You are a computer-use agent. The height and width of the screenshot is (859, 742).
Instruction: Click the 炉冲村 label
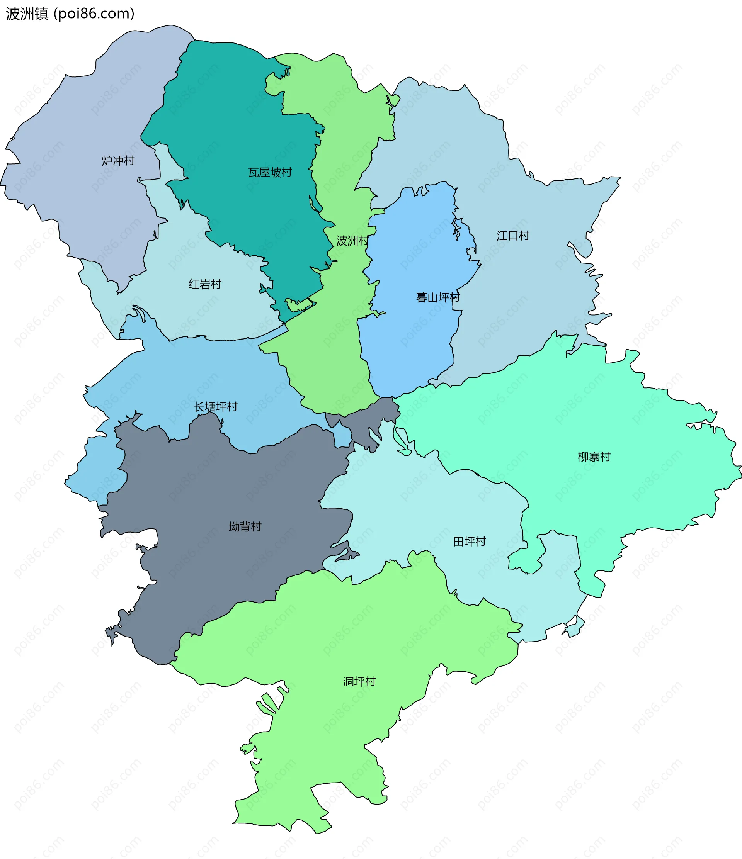tap(118, 160)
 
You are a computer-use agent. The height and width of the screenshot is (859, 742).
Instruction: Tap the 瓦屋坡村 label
tap(270, 173)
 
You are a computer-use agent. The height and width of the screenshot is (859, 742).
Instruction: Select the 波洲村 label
tap(352, 241)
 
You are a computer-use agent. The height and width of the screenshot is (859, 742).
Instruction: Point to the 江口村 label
tap(513, 236)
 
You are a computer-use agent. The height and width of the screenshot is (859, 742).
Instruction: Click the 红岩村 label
tap(205, 284)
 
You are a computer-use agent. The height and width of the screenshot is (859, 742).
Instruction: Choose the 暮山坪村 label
tap(438, 297)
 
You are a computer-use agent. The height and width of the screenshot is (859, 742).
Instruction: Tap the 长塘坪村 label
tap(216, 407)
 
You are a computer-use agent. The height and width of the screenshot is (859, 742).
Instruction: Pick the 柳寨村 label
tap(594, 457)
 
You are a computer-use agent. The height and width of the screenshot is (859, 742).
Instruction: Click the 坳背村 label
tap(245, 526)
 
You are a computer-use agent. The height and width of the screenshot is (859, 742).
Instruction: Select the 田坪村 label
tap(470, 542)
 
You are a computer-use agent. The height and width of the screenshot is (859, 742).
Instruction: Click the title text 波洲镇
tap(27, 14)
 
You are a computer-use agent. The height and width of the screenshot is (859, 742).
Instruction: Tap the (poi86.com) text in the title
tap(94, 14)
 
